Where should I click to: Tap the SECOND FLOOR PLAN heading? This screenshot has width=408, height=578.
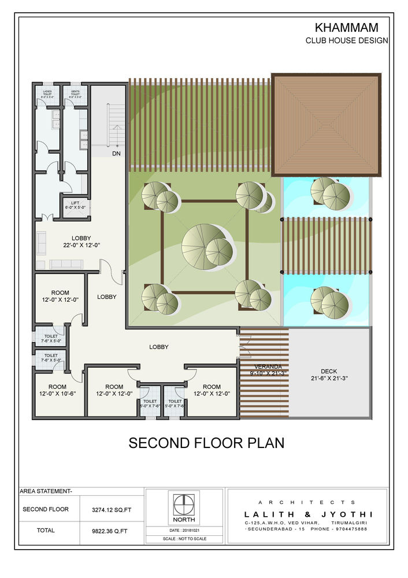206,443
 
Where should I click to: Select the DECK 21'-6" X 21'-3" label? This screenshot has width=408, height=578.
329,375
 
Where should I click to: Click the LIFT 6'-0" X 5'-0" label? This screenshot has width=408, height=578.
75,205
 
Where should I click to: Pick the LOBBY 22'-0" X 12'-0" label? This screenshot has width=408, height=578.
81,242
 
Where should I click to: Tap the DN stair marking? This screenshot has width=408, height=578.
116,154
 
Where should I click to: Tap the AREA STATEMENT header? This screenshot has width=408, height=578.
46,491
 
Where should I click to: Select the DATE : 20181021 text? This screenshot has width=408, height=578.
183,530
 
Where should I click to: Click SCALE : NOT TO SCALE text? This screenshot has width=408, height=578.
183,539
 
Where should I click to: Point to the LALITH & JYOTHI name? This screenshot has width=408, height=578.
308,514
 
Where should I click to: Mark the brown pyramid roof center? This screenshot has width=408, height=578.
327,124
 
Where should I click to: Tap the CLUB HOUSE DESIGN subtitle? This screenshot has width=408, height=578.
347,40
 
